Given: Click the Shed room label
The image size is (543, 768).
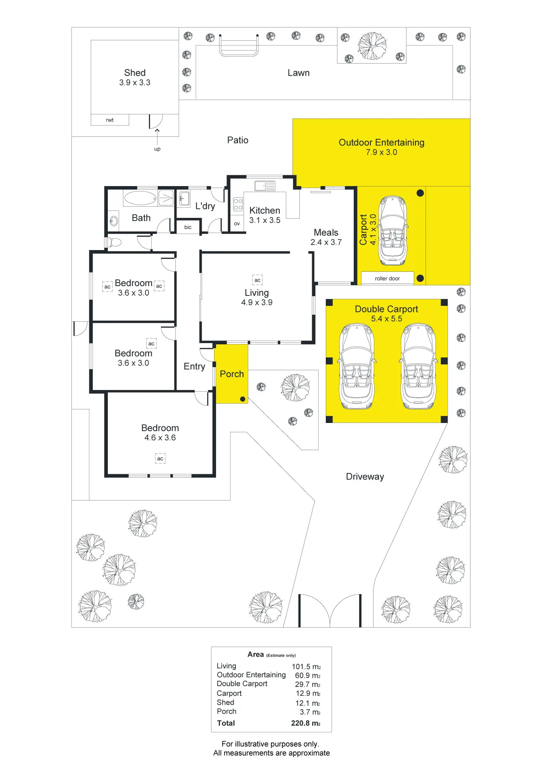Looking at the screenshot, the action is (x=135, y=73).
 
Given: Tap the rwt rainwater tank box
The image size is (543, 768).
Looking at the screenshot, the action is (x=110, y=120).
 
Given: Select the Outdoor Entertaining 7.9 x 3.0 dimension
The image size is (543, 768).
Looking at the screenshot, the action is (x=381, y=152).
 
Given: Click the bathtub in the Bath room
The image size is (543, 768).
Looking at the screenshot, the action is (x=140, y=198).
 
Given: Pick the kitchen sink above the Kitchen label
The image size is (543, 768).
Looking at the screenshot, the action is (x=265, y=186).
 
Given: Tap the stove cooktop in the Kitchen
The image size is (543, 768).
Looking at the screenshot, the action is (x=238, y=204).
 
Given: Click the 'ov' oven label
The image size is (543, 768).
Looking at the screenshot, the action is (x=237, y=224).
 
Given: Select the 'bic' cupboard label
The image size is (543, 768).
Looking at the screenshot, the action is (x=188, y=227).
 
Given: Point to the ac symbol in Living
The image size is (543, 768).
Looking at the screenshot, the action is (x=257, y=280).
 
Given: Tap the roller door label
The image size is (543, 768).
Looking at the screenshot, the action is (x=387, y=278).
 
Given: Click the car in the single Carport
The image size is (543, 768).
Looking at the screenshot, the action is (x=393, y=230).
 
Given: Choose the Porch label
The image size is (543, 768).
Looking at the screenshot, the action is (x=232, y=374).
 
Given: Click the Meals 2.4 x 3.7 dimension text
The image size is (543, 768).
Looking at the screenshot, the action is (x=326, y=242).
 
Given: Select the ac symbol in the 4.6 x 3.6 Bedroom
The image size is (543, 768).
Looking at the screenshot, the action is (x=160, y=459).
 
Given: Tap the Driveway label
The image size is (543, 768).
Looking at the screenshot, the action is (x=365, y=476).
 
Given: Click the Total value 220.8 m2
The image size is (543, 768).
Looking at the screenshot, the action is (x=306, y=723).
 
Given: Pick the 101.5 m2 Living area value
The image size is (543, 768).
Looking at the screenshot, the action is (x=306, y=666).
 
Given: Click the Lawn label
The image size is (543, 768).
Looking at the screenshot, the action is (x=298, y=73).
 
